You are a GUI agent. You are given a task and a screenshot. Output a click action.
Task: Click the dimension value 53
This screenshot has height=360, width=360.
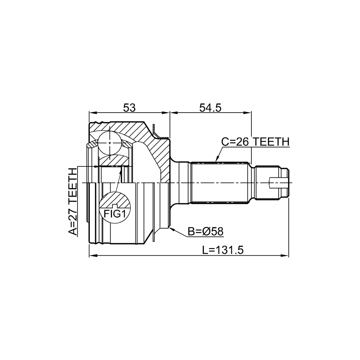(129, 107)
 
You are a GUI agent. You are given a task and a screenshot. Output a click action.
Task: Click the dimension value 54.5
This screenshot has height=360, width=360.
(210, 107)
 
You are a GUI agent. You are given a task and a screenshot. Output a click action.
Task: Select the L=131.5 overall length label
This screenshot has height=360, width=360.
(222, 250)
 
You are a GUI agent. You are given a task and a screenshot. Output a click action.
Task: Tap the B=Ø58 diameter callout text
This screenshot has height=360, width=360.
(205, 231)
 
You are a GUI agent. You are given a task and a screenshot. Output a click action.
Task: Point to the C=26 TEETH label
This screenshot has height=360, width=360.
(255, 142)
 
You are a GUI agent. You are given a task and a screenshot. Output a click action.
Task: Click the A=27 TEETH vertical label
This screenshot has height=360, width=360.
(73, 202)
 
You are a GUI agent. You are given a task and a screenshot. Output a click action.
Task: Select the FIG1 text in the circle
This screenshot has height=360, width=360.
(115, 214)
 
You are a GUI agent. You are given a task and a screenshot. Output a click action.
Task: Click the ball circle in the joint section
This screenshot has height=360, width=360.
(109, 143)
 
